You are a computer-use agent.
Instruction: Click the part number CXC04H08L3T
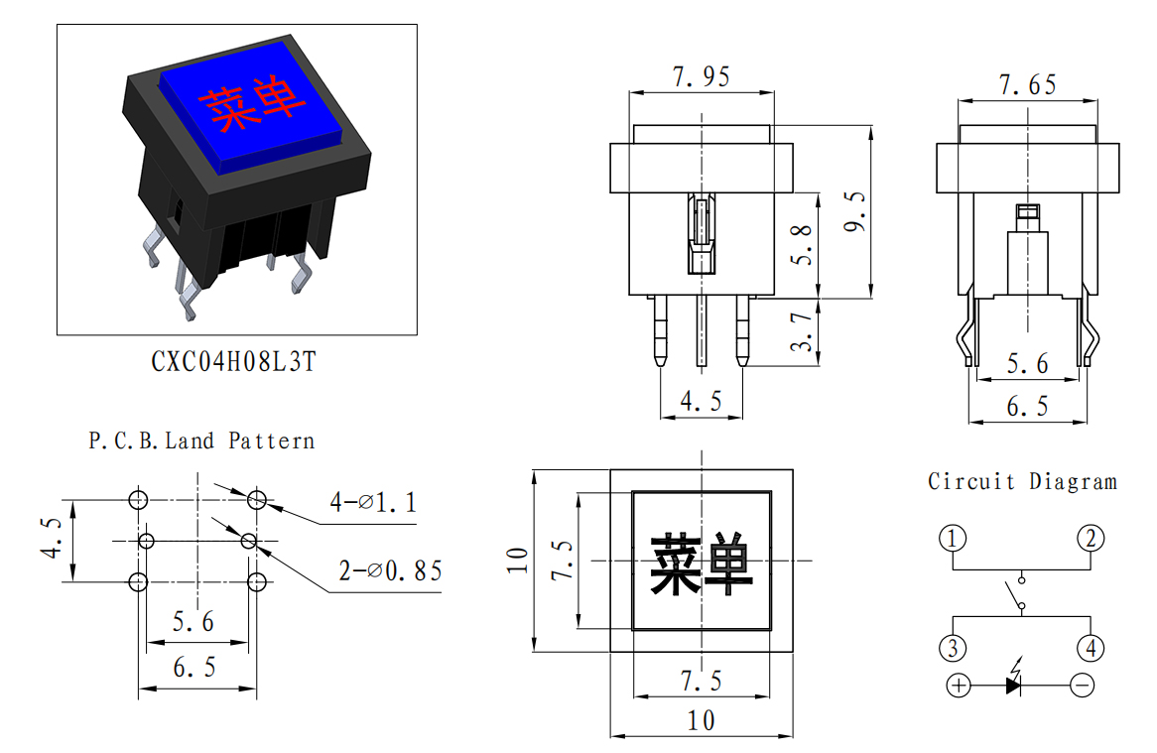click(234, 361)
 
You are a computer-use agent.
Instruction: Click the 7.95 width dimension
click(701, 76)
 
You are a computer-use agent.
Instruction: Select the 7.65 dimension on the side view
click(1027, 84)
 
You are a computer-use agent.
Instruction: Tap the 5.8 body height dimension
click(802, 245)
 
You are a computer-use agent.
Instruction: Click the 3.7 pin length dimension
click(802, 330)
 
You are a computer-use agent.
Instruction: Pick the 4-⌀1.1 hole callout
click(373, 502)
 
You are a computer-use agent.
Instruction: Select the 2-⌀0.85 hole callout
click(390, 570)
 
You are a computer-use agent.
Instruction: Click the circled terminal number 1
click(953, 539)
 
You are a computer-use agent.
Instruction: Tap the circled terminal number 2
click(1091, 539)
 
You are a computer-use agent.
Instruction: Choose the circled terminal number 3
click(953, 648)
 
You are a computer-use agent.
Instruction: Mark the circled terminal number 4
click(1091, 648)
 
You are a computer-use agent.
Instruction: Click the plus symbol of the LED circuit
click(959, 686)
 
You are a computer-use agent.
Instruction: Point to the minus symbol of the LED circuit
click(1083, 686)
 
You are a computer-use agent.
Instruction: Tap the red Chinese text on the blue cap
click(252, 105)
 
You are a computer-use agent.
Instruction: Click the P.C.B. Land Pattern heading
click(201, 441)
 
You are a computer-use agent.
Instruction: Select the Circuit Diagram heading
click(1022, 481)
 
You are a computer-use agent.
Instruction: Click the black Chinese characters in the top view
click(702, 565)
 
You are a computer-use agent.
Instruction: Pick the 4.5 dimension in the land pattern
click(53, 537)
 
